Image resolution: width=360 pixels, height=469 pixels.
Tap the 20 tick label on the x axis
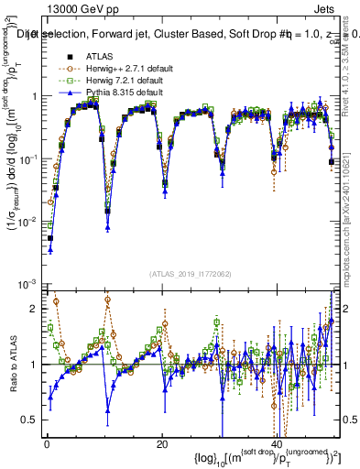(x=162, y=444)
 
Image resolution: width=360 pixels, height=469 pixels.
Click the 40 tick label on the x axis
(x=277, y=444)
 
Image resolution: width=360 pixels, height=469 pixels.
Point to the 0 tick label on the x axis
(x=47, y=444)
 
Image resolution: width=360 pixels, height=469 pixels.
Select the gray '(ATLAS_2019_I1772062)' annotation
(x=189, y=274)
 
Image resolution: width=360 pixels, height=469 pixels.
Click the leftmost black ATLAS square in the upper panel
(x=50, y=238)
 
